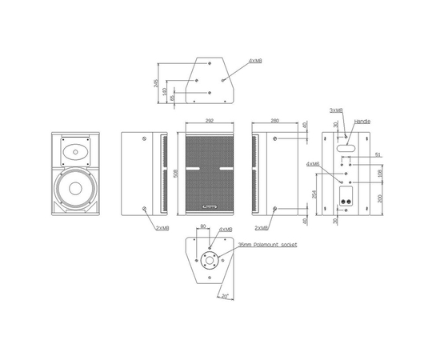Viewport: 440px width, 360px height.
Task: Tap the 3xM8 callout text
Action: pyautogui.click(x=337, y=110)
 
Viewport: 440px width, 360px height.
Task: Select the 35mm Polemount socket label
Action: pyautogui.click(x=267, y=246)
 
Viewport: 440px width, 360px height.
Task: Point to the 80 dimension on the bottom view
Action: pyautogui.click(x=203, y=227)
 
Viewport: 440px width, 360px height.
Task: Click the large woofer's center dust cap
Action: pyautogui.click(x=76, y=190)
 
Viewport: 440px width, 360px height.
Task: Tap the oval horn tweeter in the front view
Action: pyautogui.click(x=75, y=150)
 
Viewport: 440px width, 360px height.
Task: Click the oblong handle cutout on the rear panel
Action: pyautogui.click(x=346, y=147)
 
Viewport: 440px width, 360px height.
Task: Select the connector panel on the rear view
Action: pyautogui.click(x=346, y=203)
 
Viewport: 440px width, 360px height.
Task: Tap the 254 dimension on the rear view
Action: pyautogui.click(x=315, y=193)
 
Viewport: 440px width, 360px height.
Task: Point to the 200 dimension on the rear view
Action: pyautogui.click(x=381, y=198)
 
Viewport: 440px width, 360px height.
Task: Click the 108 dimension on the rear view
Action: pyautogui.click(x=381, y=171)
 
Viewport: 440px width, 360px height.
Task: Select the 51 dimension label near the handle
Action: pyautogui.click(x=378, y=154)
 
